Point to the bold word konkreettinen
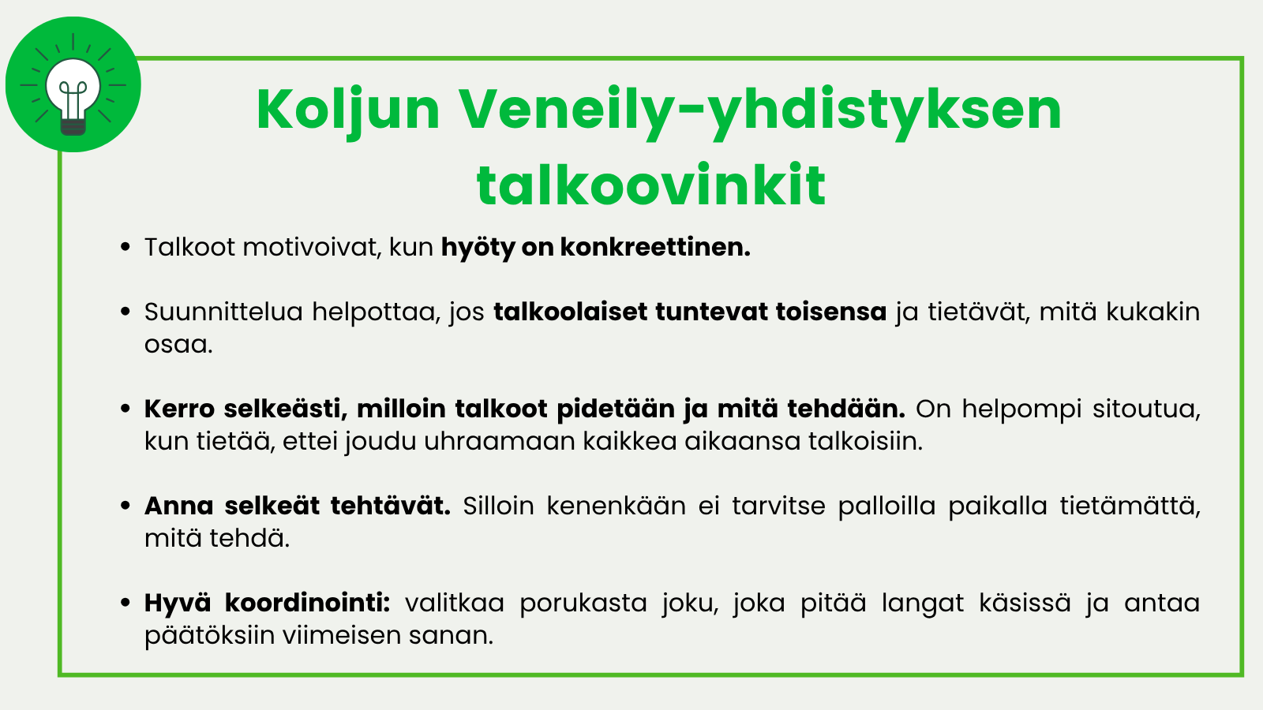click(655, 247)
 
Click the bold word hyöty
click(478, 248)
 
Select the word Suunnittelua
click(223, 312)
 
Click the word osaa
click(178, 345)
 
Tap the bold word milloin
click(401, 409)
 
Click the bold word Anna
click(178, 506)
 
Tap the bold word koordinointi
click(307, 603)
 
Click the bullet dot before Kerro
click(126, 409)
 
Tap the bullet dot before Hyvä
click(126, 603)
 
